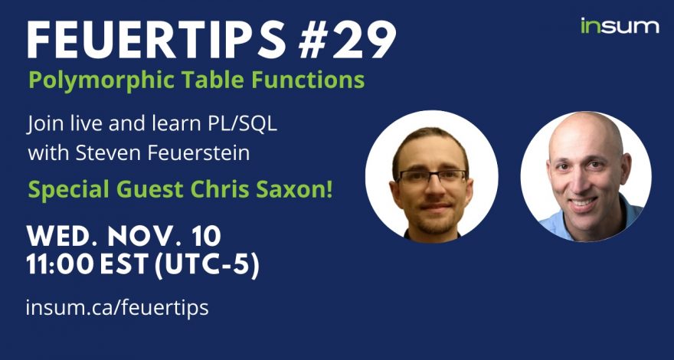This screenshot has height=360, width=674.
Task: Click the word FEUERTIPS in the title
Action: pyautogui.click(x=156, y=39)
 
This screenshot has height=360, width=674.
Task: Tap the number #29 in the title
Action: pyautogui.click(x=347, y=39)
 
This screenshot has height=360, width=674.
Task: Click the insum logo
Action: pyautogui.click(x=620, y=26)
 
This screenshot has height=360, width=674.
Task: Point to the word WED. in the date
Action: pyautogui.click(x=63, y=236)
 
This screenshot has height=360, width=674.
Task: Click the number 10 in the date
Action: pyautogui.click(x=207, y=236)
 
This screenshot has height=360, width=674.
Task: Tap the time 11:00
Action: pyautogui.click(x=60, y=265)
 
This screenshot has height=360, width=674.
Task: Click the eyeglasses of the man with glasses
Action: pyautogui.click(x=431, y=177)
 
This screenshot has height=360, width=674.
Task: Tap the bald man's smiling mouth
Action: pyautogui.click(x=581, y=202)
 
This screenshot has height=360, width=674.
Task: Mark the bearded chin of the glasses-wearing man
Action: pyautogui.click(x=434, y=223)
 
